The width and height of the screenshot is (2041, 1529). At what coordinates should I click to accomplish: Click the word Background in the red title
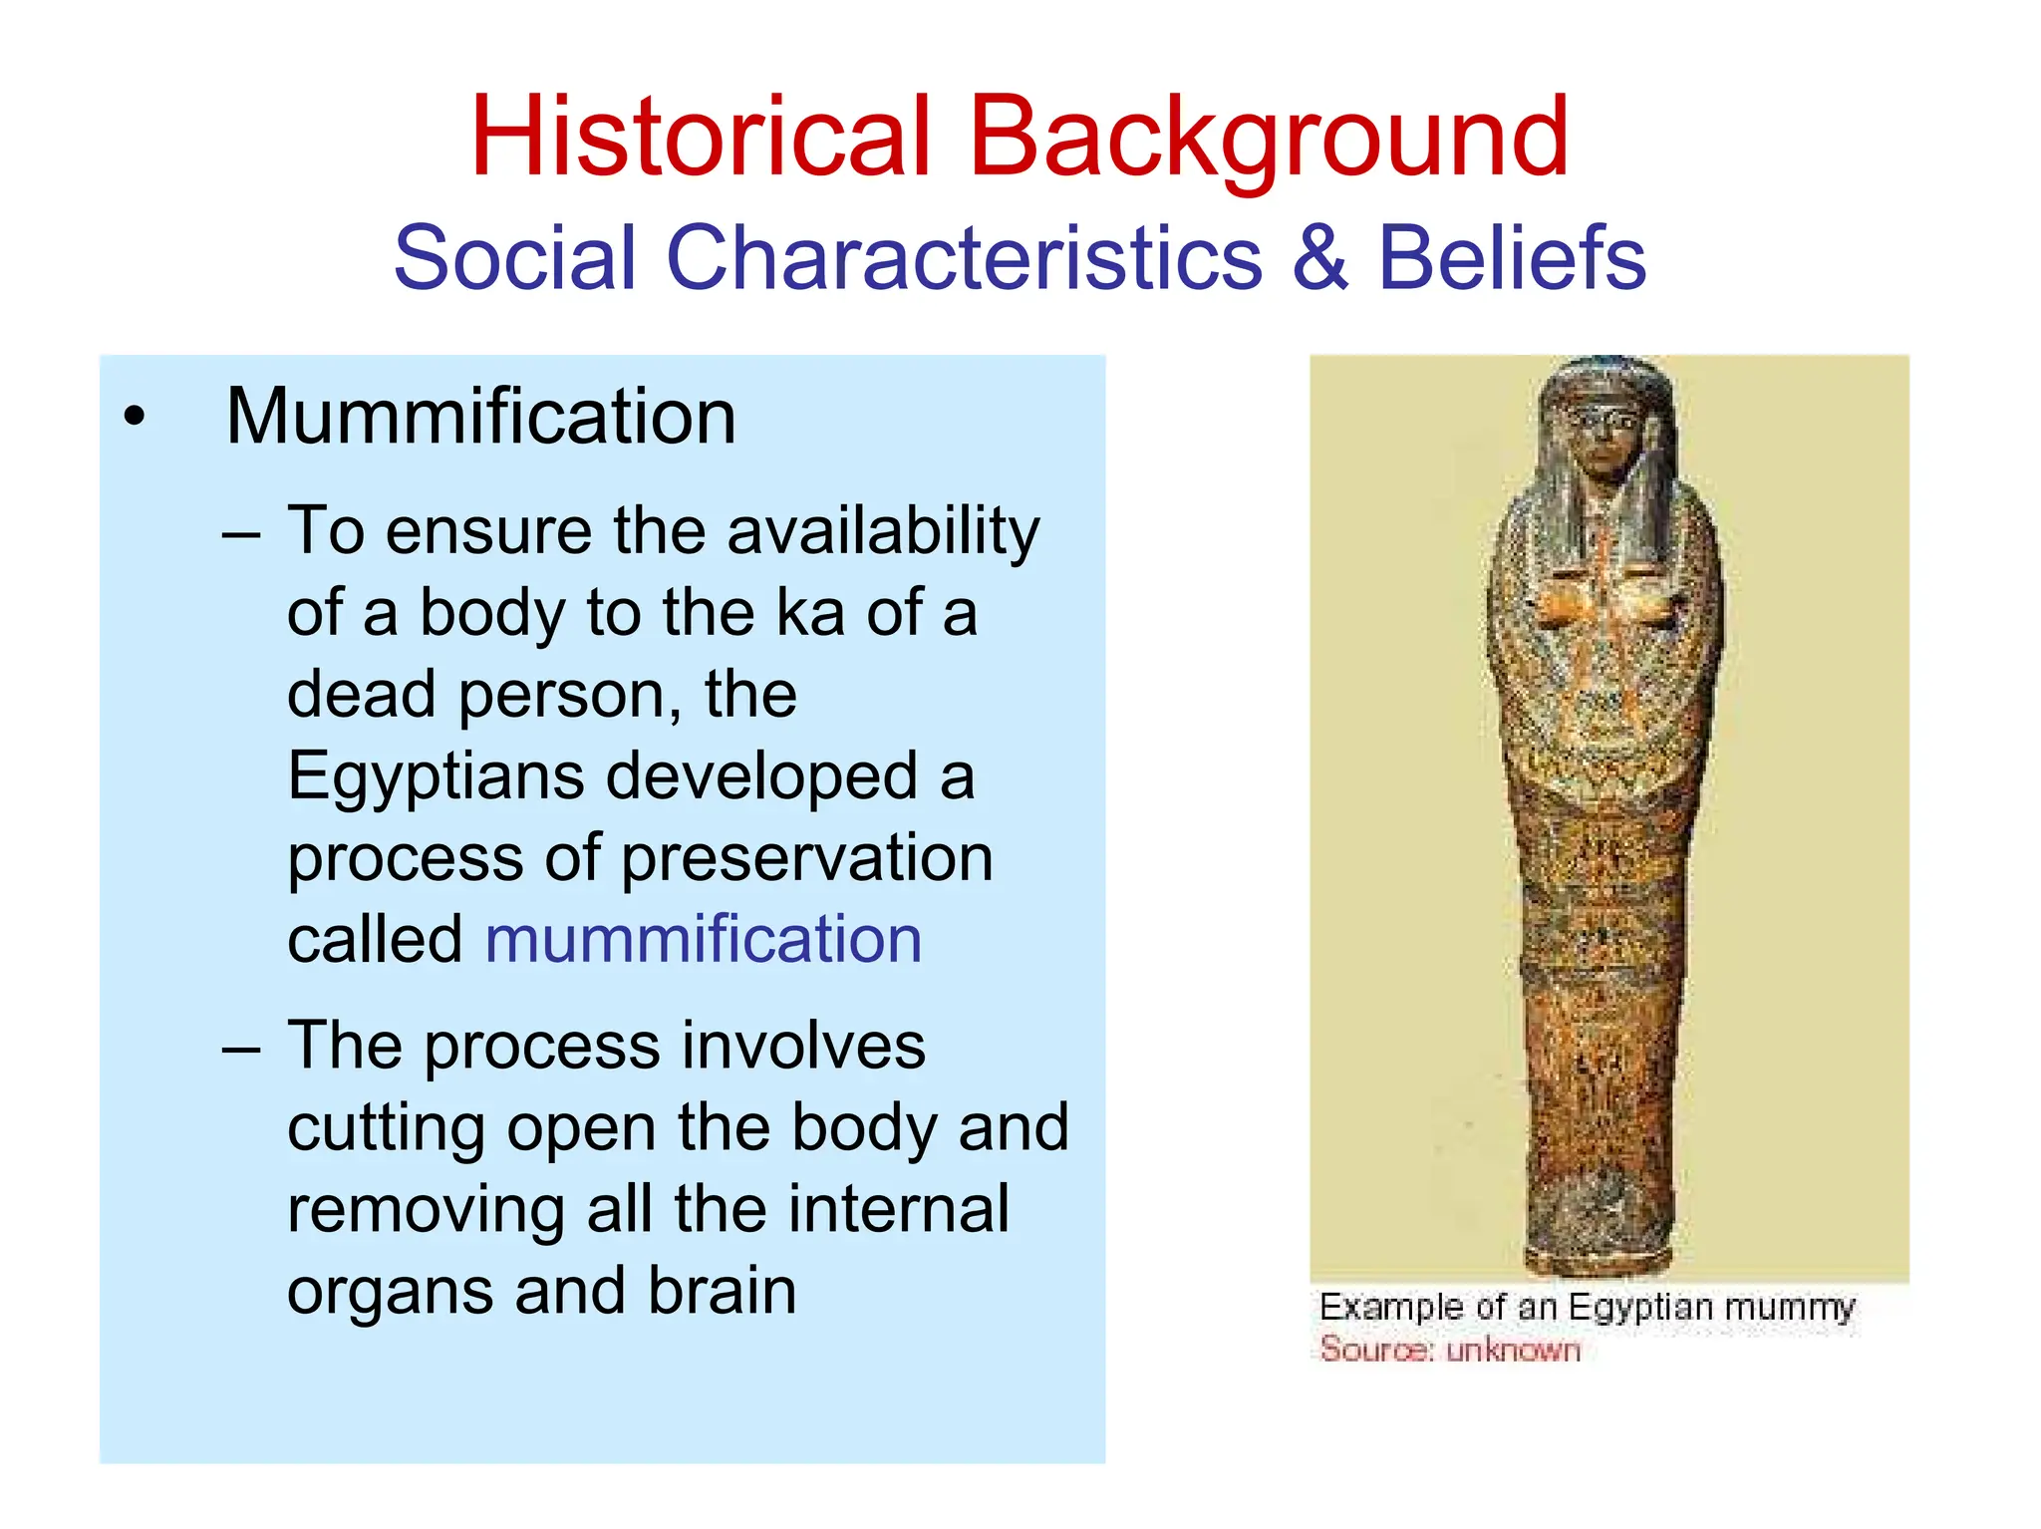point(1268,140)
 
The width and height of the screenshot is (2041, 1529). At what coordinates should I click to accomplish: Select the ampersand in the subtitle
point(1319,257)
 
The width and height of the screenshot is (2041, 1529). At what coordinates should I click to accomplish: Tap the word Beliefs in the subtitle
point(1511,257)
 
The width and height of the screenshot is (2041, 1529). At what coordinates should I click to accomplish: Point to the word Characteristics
point(964,257)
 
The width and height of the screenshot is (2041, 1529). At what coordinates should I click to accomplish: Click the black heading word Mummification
point(480,416)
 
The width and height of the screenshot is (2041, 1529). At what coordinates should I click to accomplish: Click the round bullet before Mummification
point(135,417)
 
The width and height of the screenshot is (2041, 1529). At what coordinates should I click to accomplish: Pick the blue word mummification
point(704,939)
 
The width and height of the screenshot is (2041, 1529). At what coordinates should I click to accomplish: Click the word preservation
point(807,859)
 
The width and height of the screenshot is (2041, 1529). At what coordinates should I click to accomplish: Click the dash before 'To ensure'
point(241,534)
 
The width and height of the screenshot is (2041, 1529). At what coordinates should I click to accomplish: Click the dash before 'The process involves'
point(241,1049)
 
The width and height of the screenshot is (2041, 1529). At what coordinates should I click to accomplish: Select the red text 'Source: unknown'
point(1450,1350)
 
